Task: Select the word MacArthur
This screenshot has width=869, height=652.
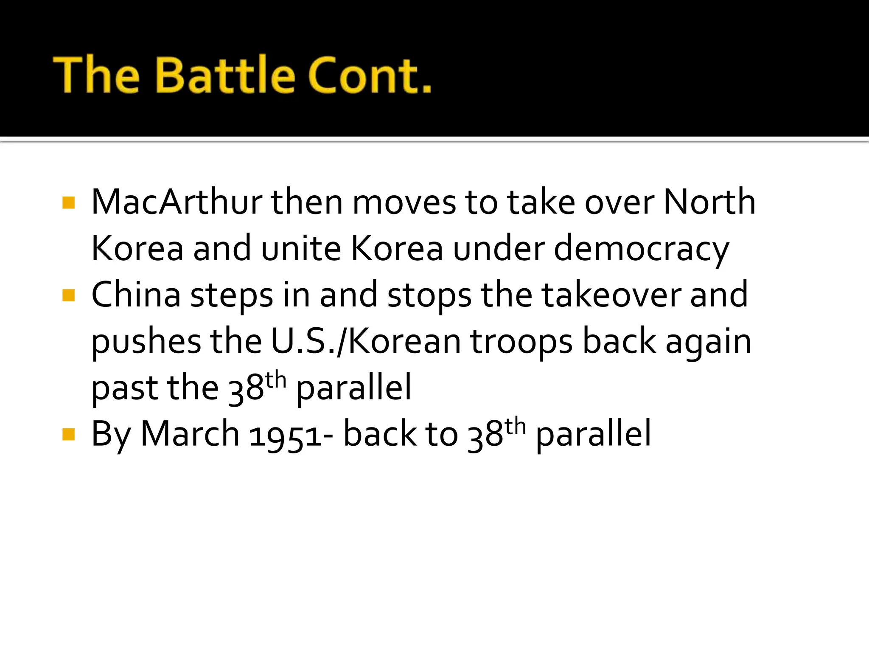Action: point(177,202)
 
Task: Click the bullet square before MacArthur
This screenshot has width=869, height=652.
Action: point(68,202)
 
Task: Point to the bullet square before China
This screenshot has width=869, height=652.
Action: point(68,295)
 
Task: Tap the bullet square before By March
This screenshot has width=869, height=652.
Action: point(68,434)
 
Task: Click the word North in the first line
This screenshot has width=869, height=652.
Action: point(709,202)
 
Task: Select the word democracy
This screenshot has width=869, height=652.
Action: point(641,249)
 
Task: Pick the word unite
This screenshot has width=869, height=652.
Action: point(301,249)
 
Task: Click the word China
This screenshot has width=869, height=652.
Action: point(136,295)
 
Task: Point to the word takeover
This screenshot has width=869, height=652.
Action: point(611,295)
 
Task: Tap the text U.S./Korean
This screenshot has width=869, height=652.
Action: point(365,342)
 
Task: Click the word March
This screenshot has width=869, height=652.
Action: point(190,434)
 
